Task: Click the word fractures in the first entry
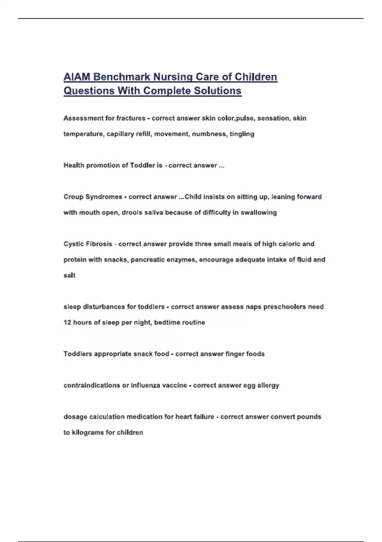coord(131,118)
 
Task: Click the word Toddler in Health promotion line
coord(142,165)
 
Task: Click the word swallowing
coord(258,212)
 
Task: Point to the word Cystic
coord(74,244)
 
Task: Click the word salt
coord(69,275)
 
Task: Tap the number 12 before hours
coord(67,322)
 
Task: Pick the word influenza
coord(145,385)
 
